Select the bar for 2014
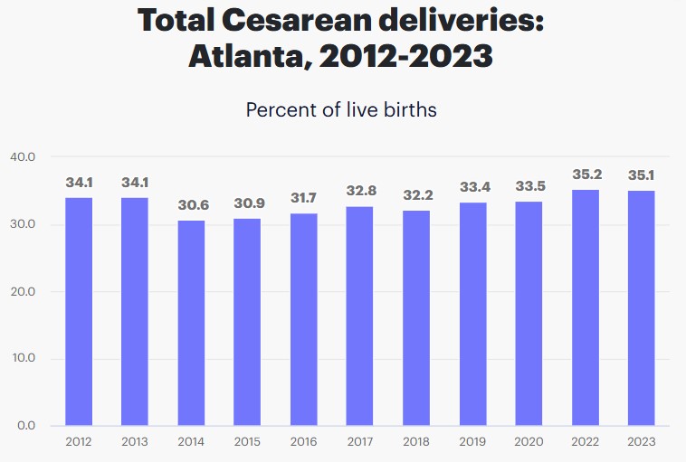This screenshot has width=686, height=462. tap(191, 323)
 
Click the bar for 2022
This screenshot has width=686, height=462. tap(585, 307)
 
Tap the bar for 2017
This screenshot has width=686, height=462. tap(359, 316)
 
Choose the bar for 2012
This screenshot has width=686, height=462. tap(78, 311)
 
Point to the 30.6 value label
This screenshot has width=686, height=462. tap(191, 205)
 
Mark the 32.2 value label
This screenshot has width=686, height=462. tap(415, 194)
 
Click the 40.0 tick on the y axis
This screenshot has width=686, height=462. tap(23, 157)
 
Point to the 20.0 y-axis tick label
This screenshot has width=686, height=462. tap(23, 291)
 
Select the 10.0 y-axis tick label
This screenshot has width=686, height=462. tap(23, 358)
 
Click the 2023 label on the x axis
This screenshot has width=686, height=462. tap(641, 441)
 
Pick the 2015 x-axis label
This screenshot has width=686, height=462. tap(247, 441)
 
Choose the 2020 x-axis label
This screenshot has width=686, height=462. tap(529, 441)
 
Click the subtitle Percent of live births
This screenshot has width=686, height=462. tap(341, 110)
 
